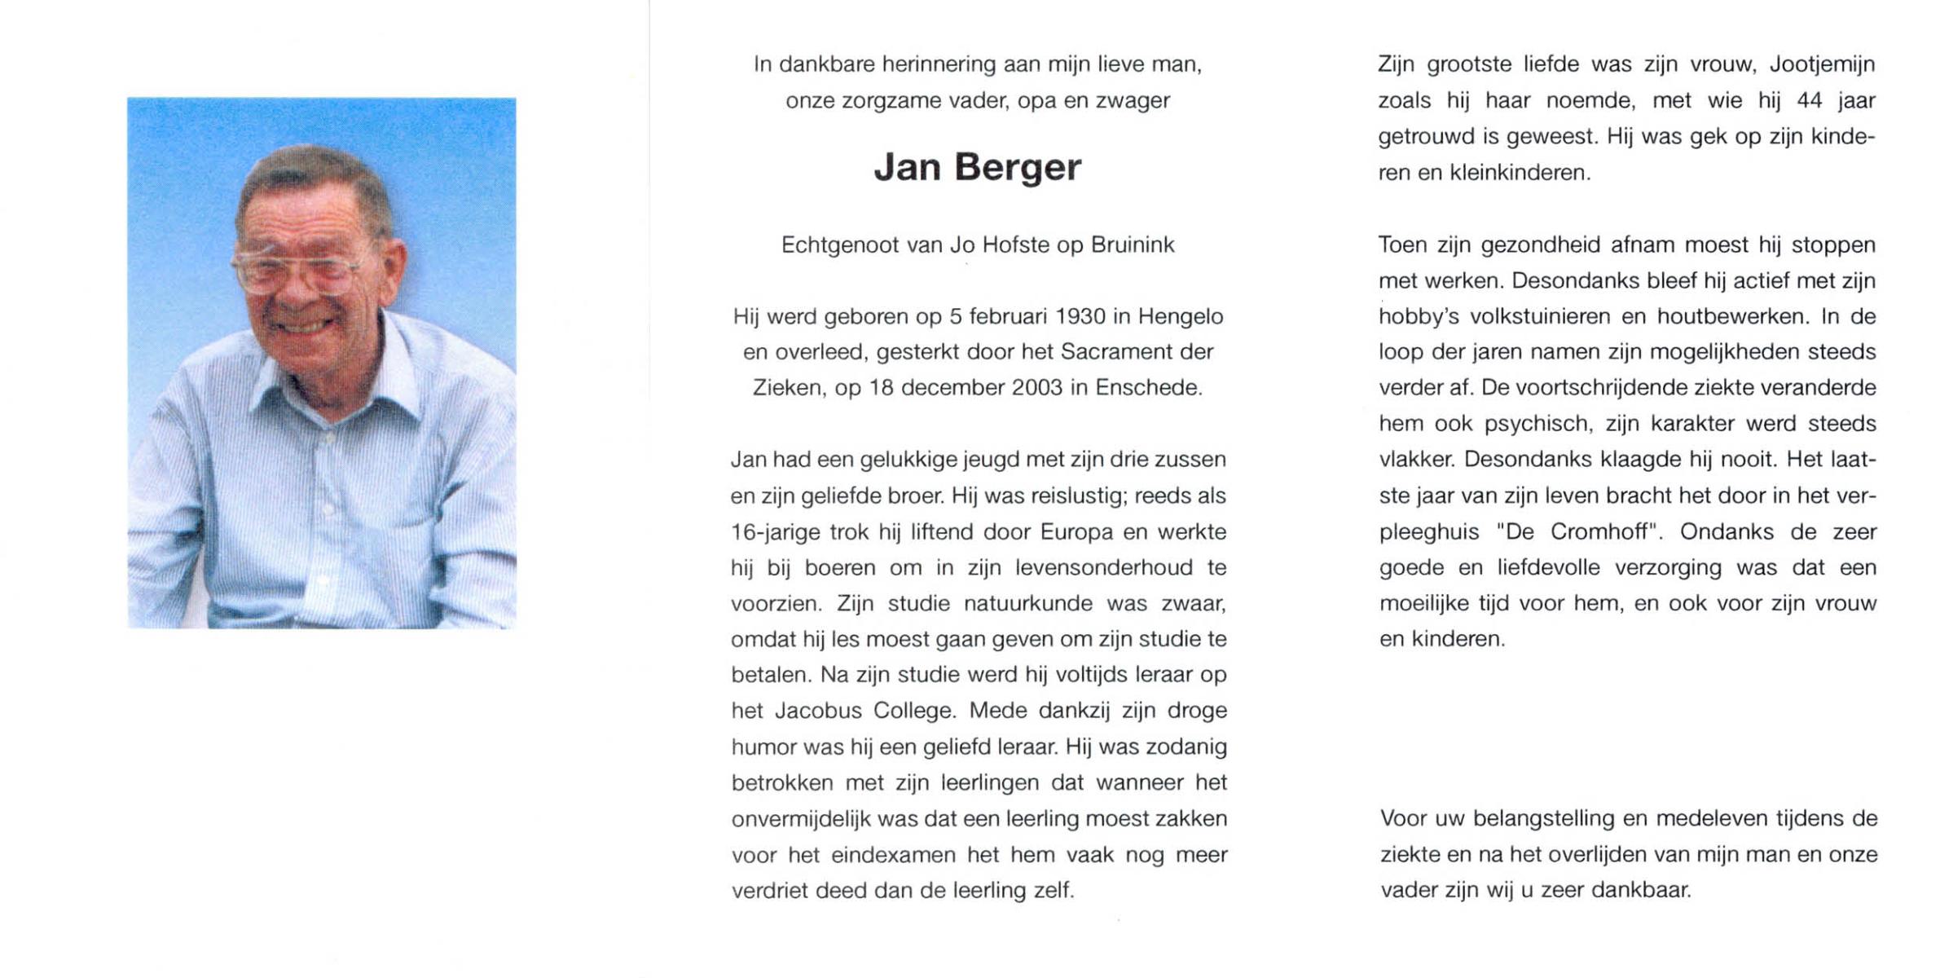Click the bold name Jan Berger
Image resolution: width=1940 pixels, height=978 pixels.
pos(977,168)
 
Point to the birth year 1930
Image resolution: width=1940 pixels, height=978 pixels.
pos(1080,316)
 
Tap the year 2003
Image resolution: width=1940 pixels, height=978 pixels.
pos(1036,388)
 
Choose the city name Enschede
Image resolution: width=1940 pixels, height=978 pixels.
pos(1148,388)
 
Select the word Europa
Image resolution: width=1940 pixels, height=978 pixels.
pos(1076,532)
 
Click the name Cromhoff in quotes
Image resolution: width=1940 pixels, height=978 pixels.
pos(1600,532)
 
